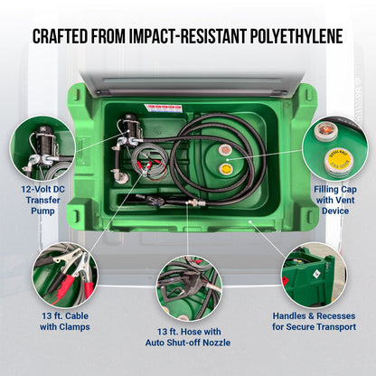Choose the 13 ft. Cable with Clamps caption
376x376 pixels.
tap(65, 321)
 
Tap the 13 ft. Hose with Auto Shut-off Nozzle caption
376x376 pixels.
tap(188, 336)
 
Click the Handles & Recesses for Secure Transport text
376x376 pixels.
tap(314, 321)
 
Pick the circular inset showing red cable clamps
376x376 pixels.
tap(65, 274)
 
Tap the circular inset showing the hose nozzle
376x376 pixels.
tap(188, 288)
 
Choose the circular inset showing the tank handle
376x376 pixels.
tap(314, 274)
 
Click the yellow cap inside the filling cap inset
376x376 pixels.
tap(339, 163)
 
